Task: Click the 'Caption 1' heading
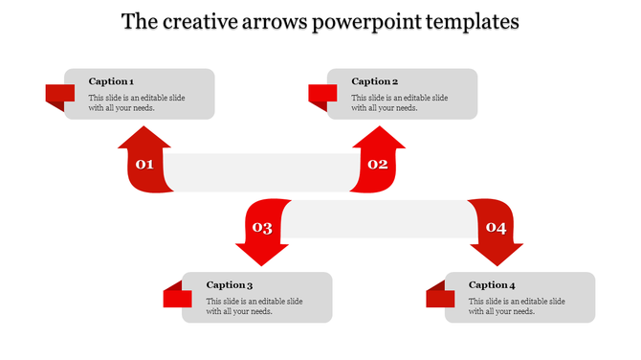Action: (x=111, y=81)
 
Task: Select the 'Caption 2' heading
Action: (x=374, y=81)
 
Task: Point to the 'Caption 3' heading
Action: (x=230, y=284)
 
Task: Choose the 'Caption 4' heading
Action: (x=492, y=284)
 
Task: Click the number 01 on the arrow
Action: (x=144, y=165)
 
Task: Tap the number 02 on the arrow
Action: (x=378, y=165)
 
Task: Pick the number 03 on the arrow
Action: (x=261, y=228)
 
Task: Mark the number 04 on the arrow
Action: (x=496, y=228)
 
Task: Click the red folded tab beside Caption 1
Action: (x=60, y=95)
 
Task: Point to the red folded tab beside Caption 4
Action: (x=440, y=297)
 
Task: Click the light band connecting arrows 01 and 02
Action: (x=260, y=171)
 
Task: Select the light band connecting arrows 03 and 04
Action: (x=378, y=219)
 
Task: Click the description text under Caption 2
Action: (x=399, y=102)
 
